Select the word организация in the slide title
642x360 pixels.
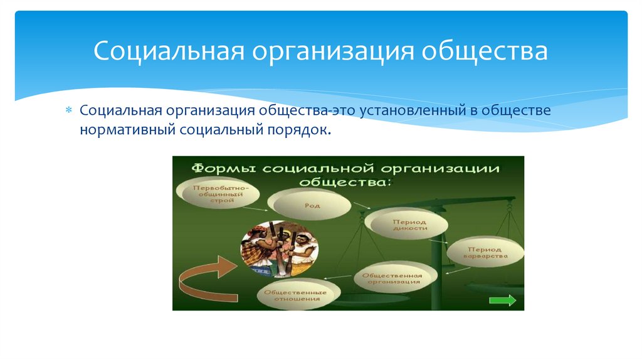pos(332,51)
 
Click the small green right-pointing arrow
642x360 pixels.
pos(502,300)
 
